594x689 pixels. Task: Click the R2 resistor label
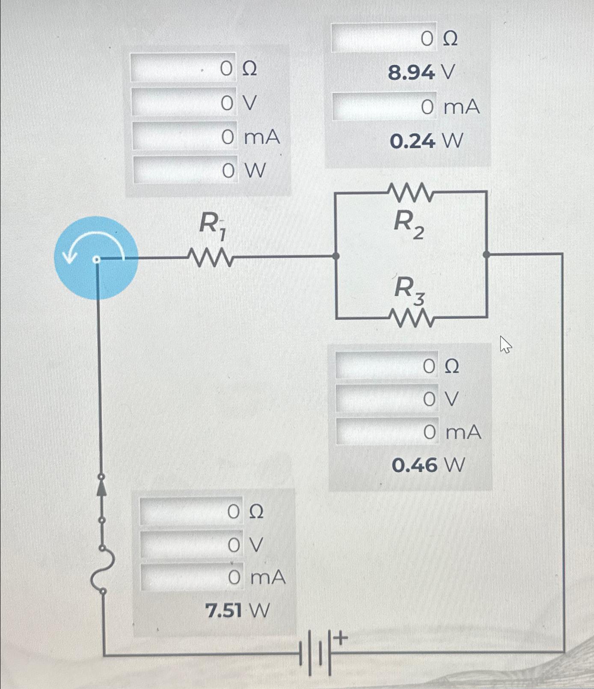(x=407, y=225)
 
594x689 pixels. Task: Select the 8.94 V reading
(x=421, y=73)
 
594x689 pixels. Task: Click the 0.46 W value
(x=428, y=465)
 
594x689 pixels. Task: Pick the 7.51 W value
(x=238, y=611)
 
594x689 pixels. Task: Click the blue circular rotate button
(x=96, y=257)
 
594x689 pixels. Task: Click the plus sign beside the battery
(x=341, y=640)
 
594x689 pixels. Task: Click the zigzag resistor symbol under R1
(x=210, y=258)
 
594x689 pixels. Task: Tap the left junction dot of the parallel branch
(x=336, y=256)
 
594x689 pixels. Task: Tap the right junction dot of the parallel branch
(x=486, y=255)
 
